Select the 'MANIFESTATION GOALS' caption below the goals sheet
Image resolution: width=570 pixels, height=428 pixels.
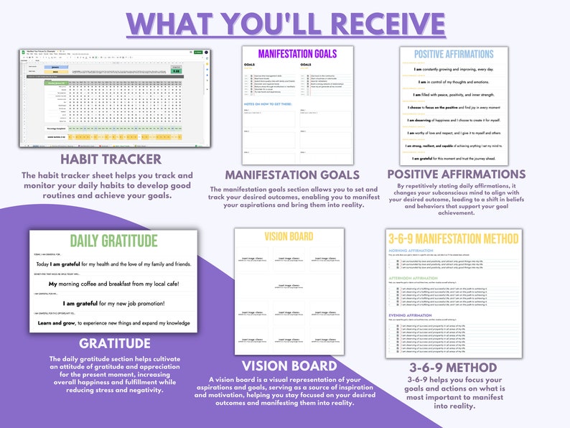tap(292, 174)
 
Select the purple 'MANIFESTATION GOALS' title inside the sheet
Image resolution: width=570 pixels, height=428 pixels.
tap(297, 54)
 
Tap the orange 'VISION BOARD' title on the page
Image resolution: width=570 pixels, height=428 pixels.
tap(287, 236)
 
